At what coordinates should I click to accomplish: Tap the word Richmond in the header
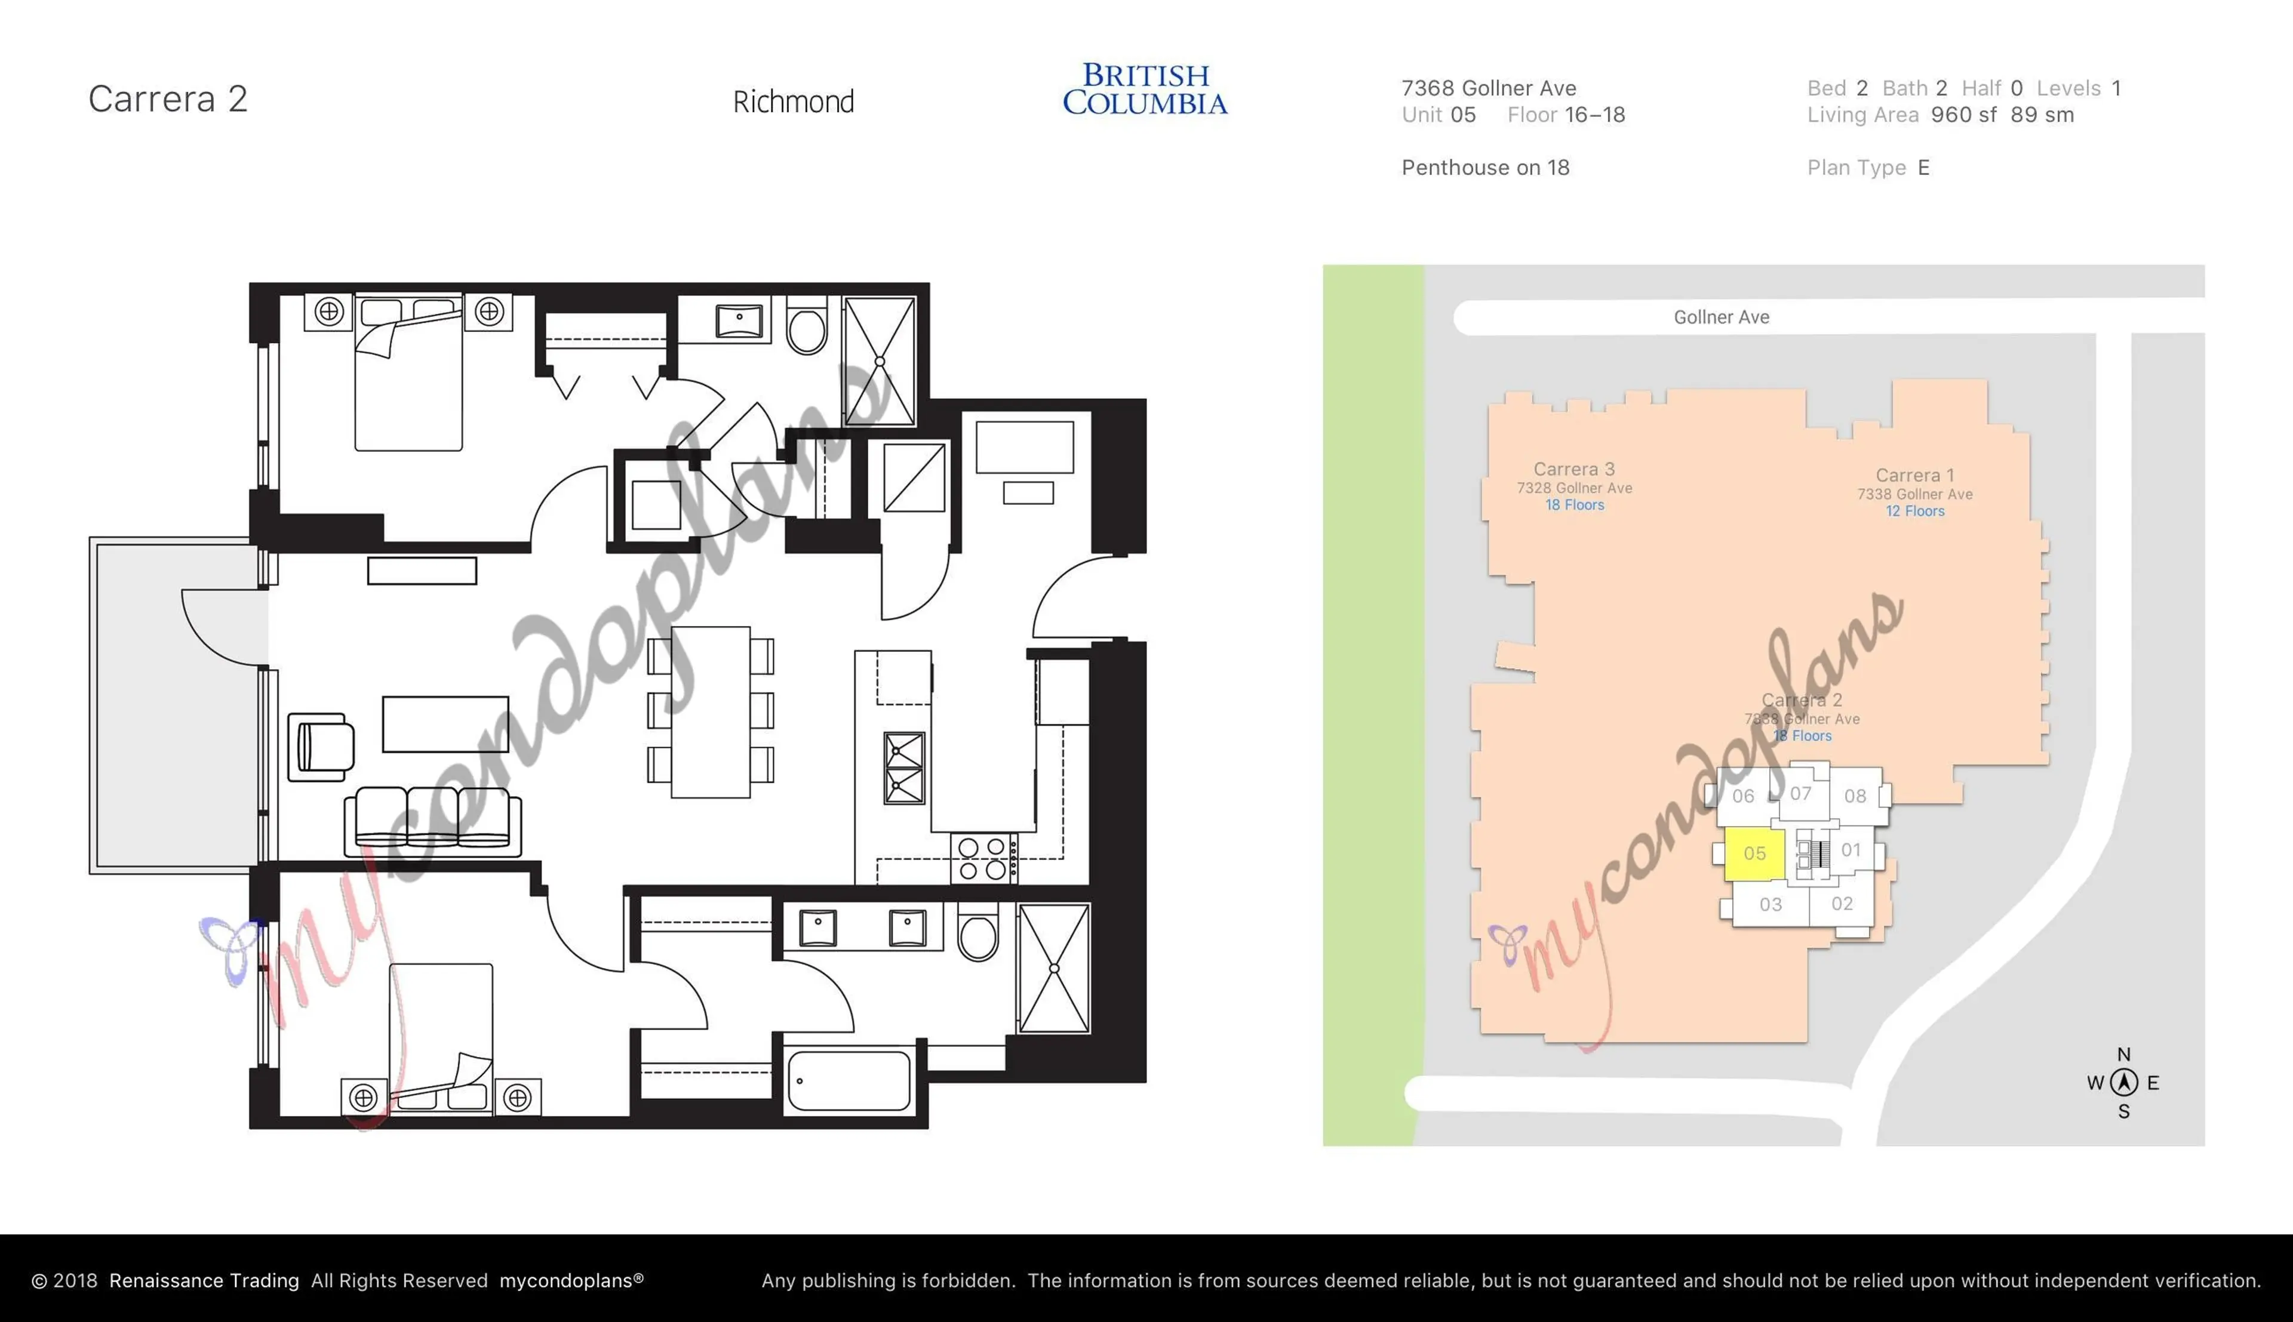point(793,101)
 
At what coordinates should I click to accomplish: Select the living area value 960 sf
point(1963,115)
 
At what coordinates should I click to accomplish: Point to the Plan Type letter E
point(1923,168)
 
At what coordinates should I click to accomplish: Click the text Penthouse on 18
point(1484,168)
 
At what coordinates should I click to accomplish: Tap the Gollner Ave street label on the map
point(1721,317)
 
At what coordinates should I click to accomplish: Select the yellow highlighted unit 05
point(1754,853)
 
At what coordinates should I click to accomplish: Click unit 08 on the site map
point(1854,796)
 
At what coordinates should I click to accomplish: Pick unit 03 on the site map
point(1770,904)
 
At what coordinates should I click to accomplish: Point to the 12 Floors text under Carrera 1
point(1914,511)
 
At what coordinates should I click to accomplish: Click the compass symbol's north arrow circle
point(2123,1082)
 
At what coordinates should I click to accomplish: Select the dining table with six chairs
point(710,712)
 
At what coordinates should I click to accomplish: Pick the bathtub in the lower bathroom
point(849,1080)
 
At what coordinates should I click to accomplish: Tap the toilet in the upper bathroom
point(806,328)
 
